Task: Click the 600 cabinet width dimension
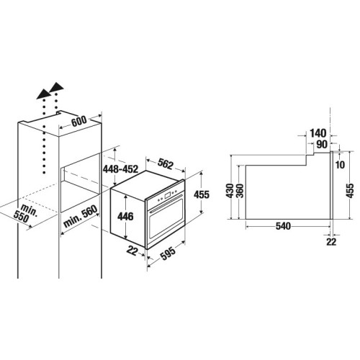[x=79, y=121]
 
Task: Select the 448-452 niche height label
[x=120, y=169]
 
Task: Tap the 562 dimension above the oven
[x=166, y=164]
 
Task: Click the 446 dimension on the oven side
[x=125, y=217]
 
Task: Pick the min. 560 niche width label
[x=81, y=217]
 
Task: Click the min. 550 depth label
[x=25, y=213]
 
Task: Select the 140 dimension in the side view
[x=318, y=133]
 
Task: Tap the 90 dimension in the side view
[x=322, y=145]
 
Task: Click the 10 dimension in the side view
[x=340, y=165]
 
